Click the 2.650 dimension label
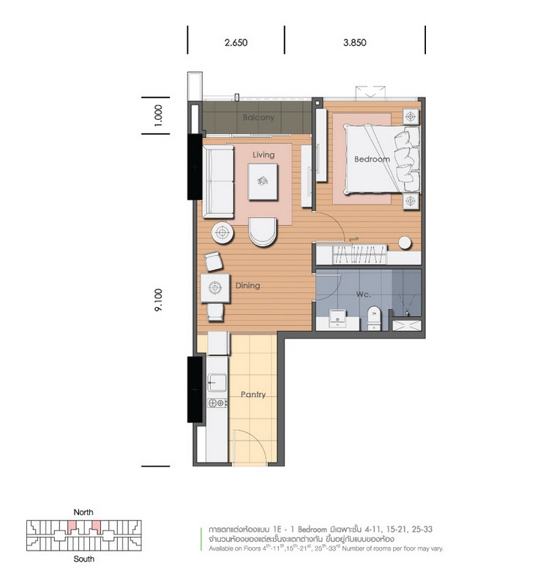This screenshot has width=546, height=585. [x=236, y=42]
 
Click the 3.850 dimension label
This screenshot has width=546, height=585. [x=355, y=42]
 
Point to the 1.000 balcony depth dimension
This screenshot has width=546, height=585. [x=158, y=116]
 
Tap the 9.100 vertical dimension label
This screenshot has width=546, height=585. [x=158, y=300]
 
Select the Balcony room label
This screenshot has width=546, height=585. [x=258, y=118]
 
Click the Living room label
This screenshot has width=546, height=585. [x=263, y=155]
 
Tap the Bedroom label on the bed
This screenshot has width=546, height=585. [x=372, y=159]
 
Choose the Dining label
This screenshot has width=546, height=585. [x=247, y=286]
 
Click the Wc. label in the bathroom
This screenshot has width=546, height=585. [x=363, y=295]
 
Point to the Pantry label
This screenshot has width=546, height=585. [x=253, y=395]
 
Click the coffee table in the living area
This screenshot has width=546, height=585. [x=263, y=181]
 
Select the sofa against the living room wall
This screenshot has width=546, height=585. [x=218, y=181]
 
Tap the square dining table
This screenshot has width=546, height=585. [x=215, y=287]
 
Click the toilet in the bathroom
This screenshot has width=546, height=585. [x=374, y=318]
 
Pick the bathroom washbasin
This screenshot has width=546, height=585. [x=338, y=319]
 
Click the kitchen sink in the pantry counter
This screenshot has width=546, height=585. [x=217, y=382]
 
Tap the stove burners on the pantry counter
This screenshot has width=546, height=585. [x=217, y=403]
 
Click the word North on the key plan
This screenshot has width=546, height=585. [x=83, y=513]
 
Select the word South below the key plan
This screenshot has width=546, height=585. [x=83, y=559]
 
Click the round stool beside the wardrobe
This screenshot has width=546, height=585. [x=405, y=243]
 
